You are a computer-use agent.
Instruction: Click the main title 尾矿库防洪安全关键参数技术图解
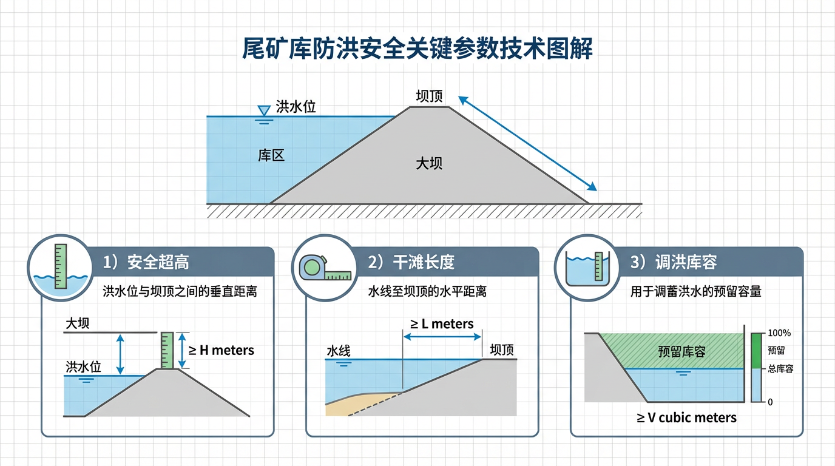click(x=417, y=49)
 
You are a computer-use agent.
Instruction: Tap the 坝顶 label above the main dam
click(x=429, y=96)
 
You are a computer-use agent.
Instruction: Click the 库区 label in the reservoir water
click(x=271, y=155)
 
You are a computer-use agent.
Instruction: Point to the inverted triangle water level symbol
click(x=264, y=111)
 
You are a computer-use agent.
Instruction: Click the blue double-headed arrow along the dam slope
click(x=527, y=143)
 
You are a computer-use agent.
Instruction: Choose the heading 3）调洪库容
click(x=674, y=262)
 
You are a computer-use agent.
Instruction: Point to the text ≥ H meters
click(x=221, y=350)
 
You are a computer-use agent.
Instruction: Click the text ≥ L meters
click(x=442, y=324)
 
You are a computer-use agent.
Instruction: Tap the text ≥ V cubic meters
click(x=686, y=417)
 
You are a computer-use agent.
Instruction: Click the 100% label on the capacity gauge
click(x=779, y=333)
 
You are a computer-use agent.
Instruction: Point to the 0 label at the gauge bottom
click(x=770, y=402)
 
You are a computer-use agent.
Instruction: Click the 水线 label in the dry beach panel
click(x=339, y=351)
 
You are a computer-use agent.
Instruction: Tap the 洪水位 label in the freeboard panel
click(x=83, y=367)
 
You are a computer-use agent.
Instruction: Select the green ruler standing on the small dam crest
click(x=167, y=350)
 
